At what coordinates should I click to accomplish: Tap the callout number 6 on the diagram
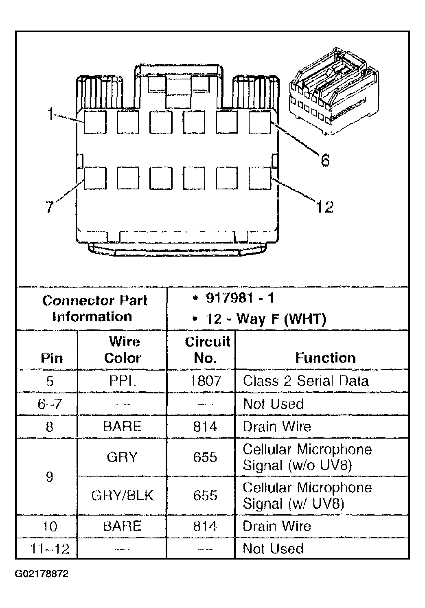pyautogui.click(x=325, y=160)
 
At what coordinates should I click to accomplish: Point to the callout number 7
pyautogui.click(x=49, y=207)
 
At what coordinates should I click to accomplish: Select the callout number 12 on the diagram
pyautogui.click(x=324, y=207)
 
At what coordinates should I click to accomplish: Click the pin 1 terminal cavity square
pyautogui.click(x=95, y=122)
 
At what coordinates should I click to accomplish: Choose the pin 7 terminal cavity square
pyautogui.click(x=95, y=178)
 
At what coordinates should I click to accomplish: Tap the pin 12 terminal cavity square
pyautogui.click(x=260, y=178)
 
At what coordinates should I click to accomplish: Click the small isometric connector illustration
pyautogui.click(x=333, y=90)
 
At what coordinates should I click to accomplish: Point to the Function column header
pyautogui.click(x=325, y=358)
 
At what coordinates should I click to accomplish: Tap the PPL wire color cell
pyautogui.click(x=122, y=381)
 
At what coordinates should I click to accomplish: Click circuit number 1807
pyautogui.click(x=206, y=381)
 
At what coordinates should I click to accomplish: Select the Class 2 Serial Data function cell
pyautogui.click(x=306, y=381)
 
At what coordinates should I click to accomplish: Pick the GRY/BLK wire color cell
pyautogui.click(x=122, y=495)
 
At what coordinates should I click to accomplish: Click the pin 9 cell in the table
pyautogui.click(x=49, y=476)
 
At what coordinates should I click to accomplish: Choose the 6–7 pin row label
pyautogui.click(x=49, y=404)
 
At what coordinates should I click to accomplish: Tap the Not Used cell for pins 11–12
pyautogui.click(x=273, y=549)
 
